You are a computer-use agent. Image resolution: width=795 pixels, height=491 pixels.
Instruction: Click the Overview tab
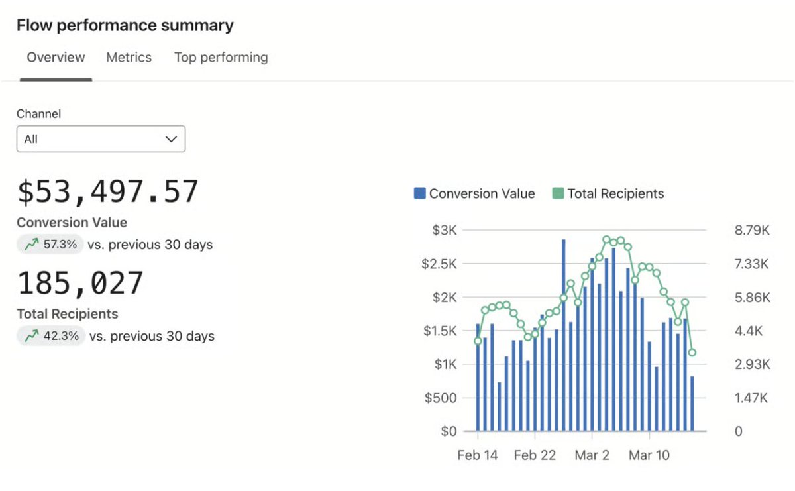pos(56,58)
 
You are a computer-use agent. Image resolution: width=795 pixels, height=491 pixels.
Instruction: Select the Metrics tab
pos(129,58)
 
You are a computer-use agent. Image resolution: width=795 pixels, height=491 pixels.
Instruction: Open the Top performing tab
pos(221,58)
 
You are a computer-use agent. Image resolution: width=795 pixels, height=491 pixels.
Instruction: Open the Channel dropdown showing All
pos(101,139)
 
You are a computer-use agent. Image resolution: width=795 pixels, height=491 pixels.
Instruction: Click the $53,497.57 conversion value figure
pos(107,192)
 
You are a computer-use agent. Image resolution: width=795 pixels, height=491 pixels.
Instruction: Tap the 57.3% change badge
pos(52,245)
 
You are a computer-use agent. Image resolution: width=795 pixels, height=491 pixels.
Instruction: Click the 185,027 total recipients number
pos(80,284)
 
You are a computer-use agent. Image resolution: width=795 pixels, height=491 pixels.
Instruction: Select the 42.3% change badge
pos(52,336)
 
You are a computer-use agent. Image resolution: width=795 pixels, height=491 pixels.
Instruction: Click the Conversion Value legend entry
pos(474,193)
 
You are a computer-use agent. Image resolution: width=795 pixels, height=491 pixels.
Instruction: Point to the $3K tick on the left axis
pos(445,230)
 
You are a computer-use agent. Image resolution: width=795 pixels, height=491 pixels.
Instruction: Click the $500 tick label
pos(440,398)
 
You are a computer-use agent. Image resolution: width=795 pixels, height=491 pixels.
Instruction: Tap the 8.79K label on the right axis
pos(752,230)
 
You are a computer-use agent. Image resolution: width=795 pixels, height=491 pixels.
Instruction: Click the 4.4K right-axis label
pos(752,331)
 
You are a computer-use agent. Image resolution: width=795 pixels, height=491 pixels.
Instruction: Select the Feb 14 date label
pos(477,456)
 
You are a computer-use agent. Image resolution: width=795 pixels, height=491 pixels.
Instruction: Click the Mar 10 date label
pos(649,456)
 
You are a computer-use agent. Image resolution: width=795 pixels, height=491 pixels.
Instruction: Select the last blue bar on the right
pos(692,404)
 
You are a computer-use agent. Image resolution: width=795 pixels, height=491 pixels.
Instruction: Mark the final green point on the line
pos(692,353)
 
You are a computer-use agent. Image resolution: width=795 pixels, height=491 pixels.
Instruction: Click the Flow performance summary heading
pos(125,26)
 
